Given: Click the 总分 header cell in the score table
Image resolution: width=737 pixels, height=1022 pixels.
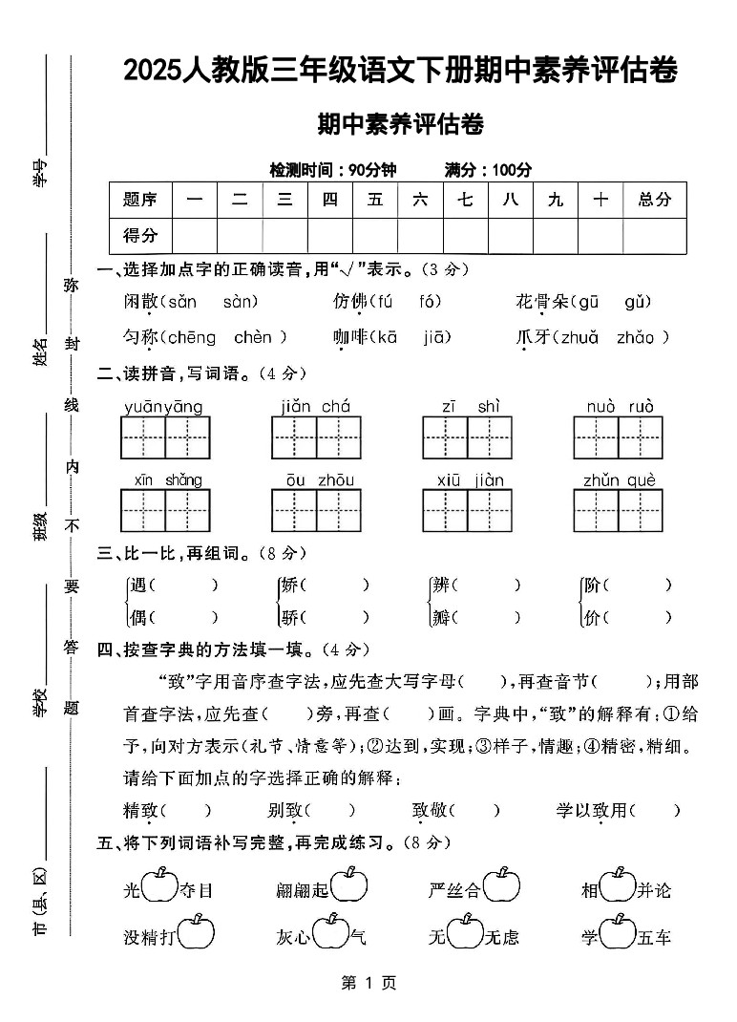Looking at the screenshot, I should (x=654, y=200).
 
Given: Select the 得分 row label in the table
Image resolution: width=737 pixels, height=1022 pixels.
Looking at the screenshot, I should (x=140, y=235).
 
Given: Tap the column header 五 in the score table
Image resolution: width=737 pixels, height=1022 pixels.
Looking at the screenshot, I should (x=375, y=200).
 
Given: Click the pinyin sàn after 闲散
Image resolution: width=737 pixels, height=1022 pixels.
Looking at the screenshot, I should (x=241, y=303).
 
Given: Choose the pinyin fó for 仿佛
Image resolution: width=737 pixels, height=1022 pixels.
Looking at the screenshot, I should (x=430, y=303).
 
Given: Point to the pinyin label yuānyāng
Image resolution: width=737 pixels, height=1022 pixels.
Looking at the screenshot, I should (x=163, y=407).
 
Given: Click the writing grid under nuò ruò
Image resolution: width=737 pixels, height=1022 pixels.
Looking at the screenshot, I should (x=619, y=438).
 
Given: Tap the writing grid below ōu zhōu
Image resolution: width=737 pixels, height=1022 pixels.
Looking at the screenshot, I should (x=317, y=510).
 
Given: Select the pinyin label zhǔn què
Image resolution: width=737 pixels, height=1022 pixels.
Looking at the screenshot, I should (x=620, y=479).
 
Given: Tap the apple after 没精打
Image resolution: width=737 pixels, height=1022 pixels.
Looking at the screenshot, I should (x=195, y=933).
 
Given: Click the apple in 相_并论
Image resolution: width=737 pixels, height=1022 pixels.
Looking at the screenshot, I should (x=617, y=885).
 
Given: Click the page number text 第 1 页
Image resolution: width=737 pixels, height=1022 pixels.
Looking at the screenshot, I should (x=368, y=983).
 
